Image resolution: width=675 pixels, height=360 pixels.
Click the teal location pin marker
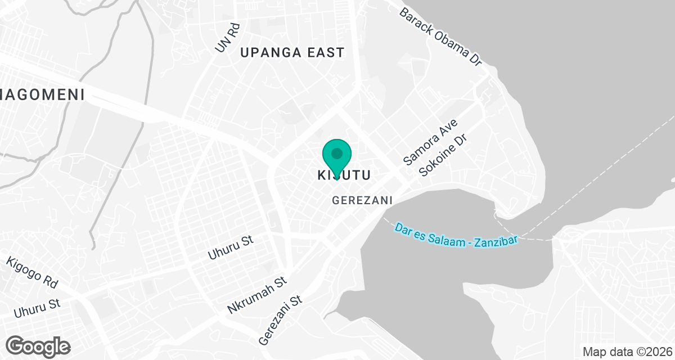point(337,157)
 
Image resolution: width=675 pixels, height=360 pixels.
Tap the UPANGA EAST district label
point(292,53)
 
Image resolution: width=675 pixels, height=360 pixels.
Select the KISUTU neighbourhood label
point(344,175)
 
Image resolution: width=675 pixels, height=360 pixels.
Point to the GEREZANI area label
point(362,200)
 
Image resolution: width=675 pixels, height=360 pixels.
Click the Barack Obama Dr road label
point(442,37)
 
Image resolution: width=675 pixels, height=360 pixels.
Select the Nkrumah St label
point(258,295)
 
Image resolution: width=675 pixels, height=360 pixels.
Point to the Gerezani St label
point(281,321)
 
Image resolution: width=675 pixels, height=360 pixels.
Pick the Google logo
point(38,346)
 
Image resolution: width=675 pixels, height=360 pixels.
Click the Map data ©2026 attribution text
point(627,352)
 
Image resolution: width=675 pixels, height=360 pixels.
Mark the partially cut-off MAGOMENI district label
point(42,94)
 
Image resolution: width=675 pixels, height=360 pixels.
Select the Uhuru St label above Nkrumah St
point(231,248)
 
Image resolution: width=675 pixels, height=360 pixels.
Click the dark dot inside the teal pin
point(337,153)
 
